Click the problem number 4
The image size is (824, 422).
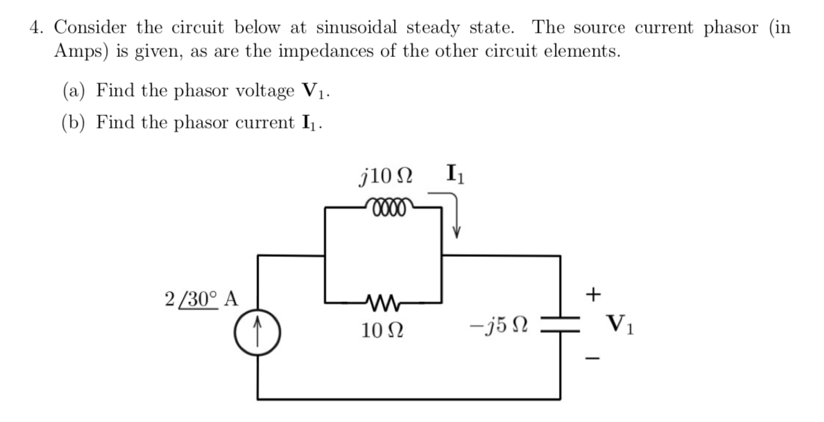pos(34,28)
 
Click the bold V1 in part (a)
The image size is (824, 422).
pos(312,91)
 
